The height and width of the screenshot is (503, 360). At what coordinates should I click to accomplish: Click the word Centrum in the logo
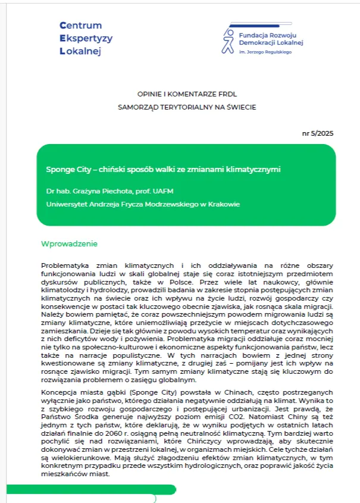pyautogui.click(x=81, y=26)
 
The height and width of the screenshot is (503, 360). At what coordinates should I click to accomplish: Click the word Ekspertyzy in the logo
pyautogui.click(x=86, y=38)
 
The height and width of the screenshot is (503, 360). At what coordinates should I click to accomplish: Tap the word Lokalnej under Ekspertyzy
pyautogui.click(x=81, y=51)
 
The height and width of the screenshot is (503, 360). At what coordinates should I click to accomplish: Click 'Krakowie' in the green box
pyautogui.click(x=221, y=204)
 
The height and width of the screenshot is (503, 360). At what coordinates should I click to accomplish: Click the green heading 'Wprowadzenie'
pyautogui.click(x=68, y=244)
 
